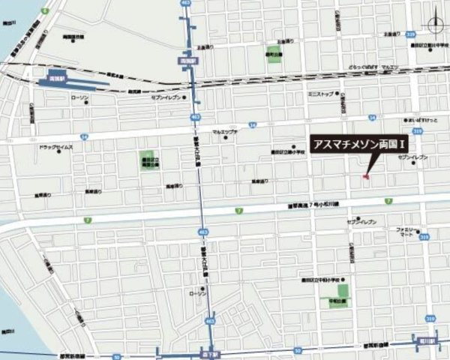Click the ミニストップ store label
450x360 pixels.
[x=322, y=94]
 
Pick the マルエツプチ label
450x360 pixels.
[x=224, y=132]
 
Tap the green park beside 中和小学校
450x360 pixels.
[x=343, y=291]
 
